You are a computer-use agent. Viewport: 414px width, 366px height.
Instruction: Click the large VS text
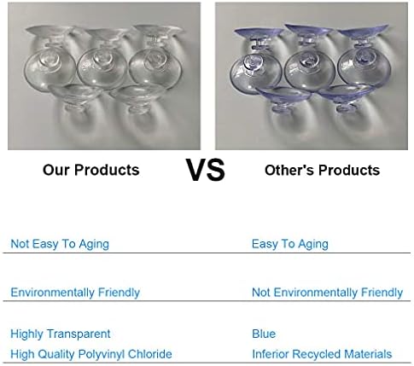206,170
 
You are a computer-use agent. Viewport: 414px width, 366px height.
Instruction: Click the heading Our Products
91,170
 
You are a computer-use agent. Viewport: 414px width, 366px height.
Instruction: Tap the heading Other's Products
322,170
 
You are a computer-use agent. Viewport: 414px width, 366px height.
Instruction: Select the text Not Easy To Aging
60,244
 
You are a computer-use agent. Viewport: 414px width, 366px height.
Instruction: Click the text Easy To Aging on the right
290,244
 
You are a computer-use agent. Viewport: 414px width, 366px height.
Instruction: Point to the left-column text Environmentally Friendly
75,293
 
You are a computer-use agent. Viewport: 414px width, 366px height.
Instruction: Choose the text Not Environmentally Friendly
328,293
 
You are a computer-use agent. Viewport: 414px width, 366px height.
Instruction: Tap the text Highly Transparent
61,334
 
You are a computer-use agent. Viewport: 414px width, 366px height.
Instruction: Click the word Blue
264,334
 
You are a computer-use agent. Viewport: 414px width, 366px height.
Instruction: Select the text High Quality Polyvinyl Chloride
91,354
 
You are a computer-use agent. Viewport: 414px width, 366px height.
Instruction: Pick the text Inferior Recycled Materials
322,354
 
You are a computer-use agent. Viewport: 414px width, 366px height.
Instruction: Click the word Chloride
150,354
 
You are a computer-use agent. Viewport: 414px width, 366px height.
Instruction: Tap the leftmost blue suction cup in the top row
256,61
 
